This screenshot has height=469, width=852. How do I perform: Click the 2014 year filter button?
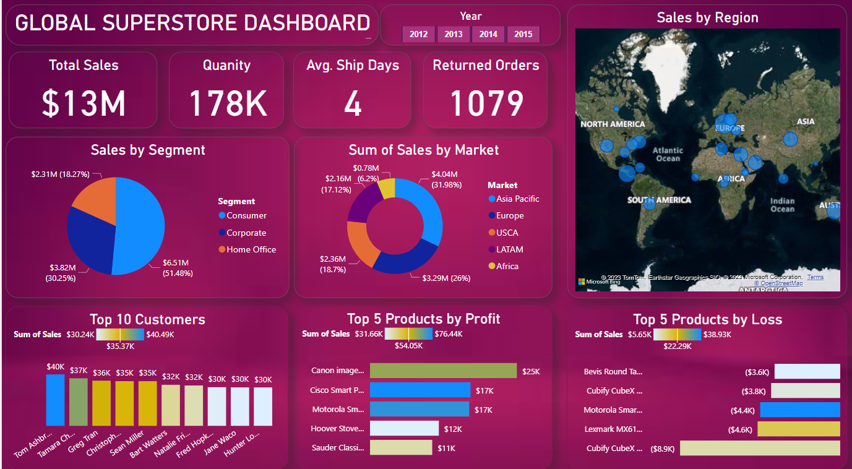click(x=488, y=34)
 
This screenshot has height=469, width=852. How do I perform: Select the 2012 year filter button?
click(x=418, y=34)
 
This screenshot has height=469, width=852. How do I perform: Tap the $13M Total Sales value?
click(x=84, y=103)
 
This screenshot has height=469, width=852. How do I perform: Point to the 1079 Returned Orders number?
click(x=486, y=103)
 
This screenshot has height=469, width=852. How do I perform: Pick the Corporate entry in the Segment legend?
click(x=246, y=233)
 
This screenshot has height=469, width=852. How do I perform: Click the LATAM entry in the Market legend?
click(x=509, y=249)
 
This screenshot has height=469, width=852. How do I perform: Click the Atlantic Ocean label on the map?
click(x=668, y=154)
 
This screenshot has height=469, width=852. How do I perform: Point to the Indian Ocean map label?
click(x=782, y=205)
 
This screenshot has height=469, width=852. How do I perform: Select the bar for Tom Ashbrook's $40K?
click(x=55, y=400)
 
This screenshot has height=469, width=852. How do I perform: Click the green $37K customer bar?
click(x=78, y=402)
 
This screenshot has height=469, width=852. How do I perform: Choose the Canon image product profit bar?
click(x=443, y=371)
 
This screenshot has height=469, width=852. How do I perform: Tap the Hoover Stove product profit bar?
click(x=404, y=428)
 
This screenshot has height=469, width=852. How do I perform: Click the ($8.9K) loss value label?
click(x=663, y=449)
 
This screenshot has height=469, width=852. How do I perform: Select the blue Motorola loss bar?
click(x=800, y=410)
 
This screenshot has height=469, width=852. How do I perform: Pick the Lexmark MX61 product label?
click(x=613, y=429)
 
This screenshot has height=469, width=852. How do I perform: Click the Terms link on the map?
click(x=815, y=277)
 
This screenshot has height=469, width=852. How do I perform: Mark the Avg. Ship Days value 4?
click(x=352, y=104)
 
